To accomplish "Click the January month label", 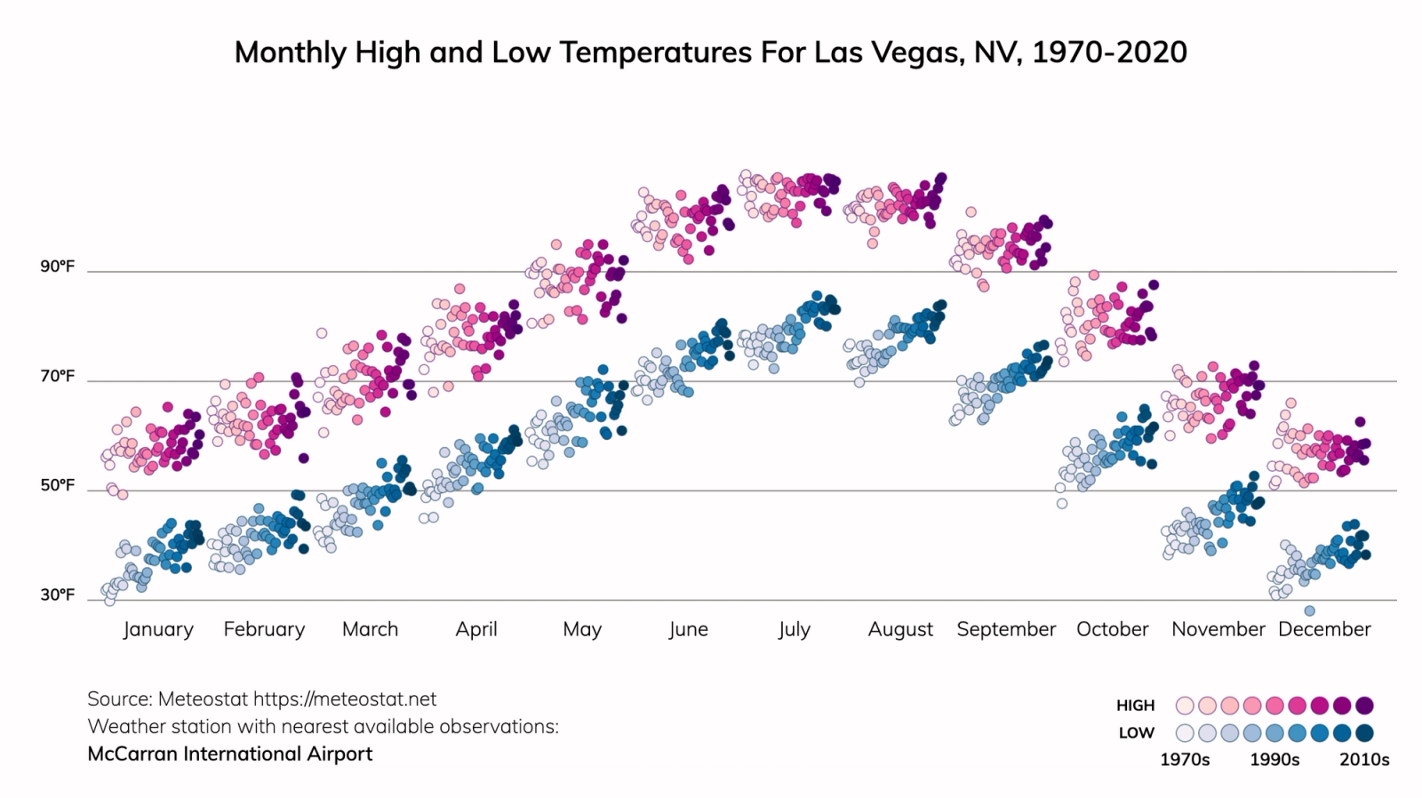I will pyautogui.click(x=158, y=629).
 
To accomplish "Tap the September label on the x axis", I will pyautogui.click(x=1006, y=629).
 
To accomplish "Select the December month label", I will pyautogui.click(x=1324, y=629).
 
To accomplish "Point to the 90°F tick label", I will pyautogui.click(x=57, y=267).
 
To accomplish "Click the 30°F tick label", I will pyautogui.click(x=57, y=595).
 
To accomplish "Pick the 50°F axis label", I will pyautogui.click(x=57, y=486).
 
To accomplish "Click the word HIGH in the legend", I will pyautogui.click(x=1135, y=706).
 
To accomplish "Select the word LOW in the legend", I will pyautogui.click(x=1136, y=733).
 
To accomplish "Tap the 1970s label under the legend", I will pyautogui.click(x=1185, y=760).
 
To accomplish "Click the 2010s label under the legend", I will pyautogui.click(x=1364, y=760).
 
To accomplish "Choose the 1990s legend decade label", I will pyautogui.click(x=1274, y=760).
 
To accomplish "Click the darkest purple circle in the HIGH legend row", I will pyautogui.click(x=1365, y=706).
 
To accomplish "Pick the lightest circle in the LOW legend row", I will pyautogui.click(x=1185, y=733).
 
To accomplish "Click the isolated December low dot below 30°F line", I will pyautogui.click(x=1309, y=610).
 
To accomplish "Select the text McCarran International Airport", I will pyautogui.click(x=230, y=754).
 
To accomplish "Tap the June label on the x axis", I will pyautogui.click(x=688, y=629).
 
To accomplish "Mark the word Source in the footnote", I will pyautogui.click(x=117, y=699).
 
